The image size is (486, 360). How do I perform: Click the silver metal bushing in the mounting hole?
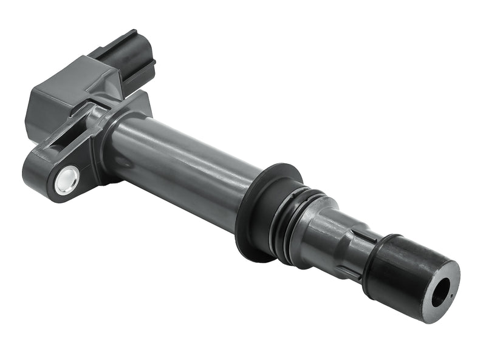[x=66, y=182]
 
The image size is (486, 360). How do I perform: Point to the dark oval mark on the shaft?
[x=122, y=161]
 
